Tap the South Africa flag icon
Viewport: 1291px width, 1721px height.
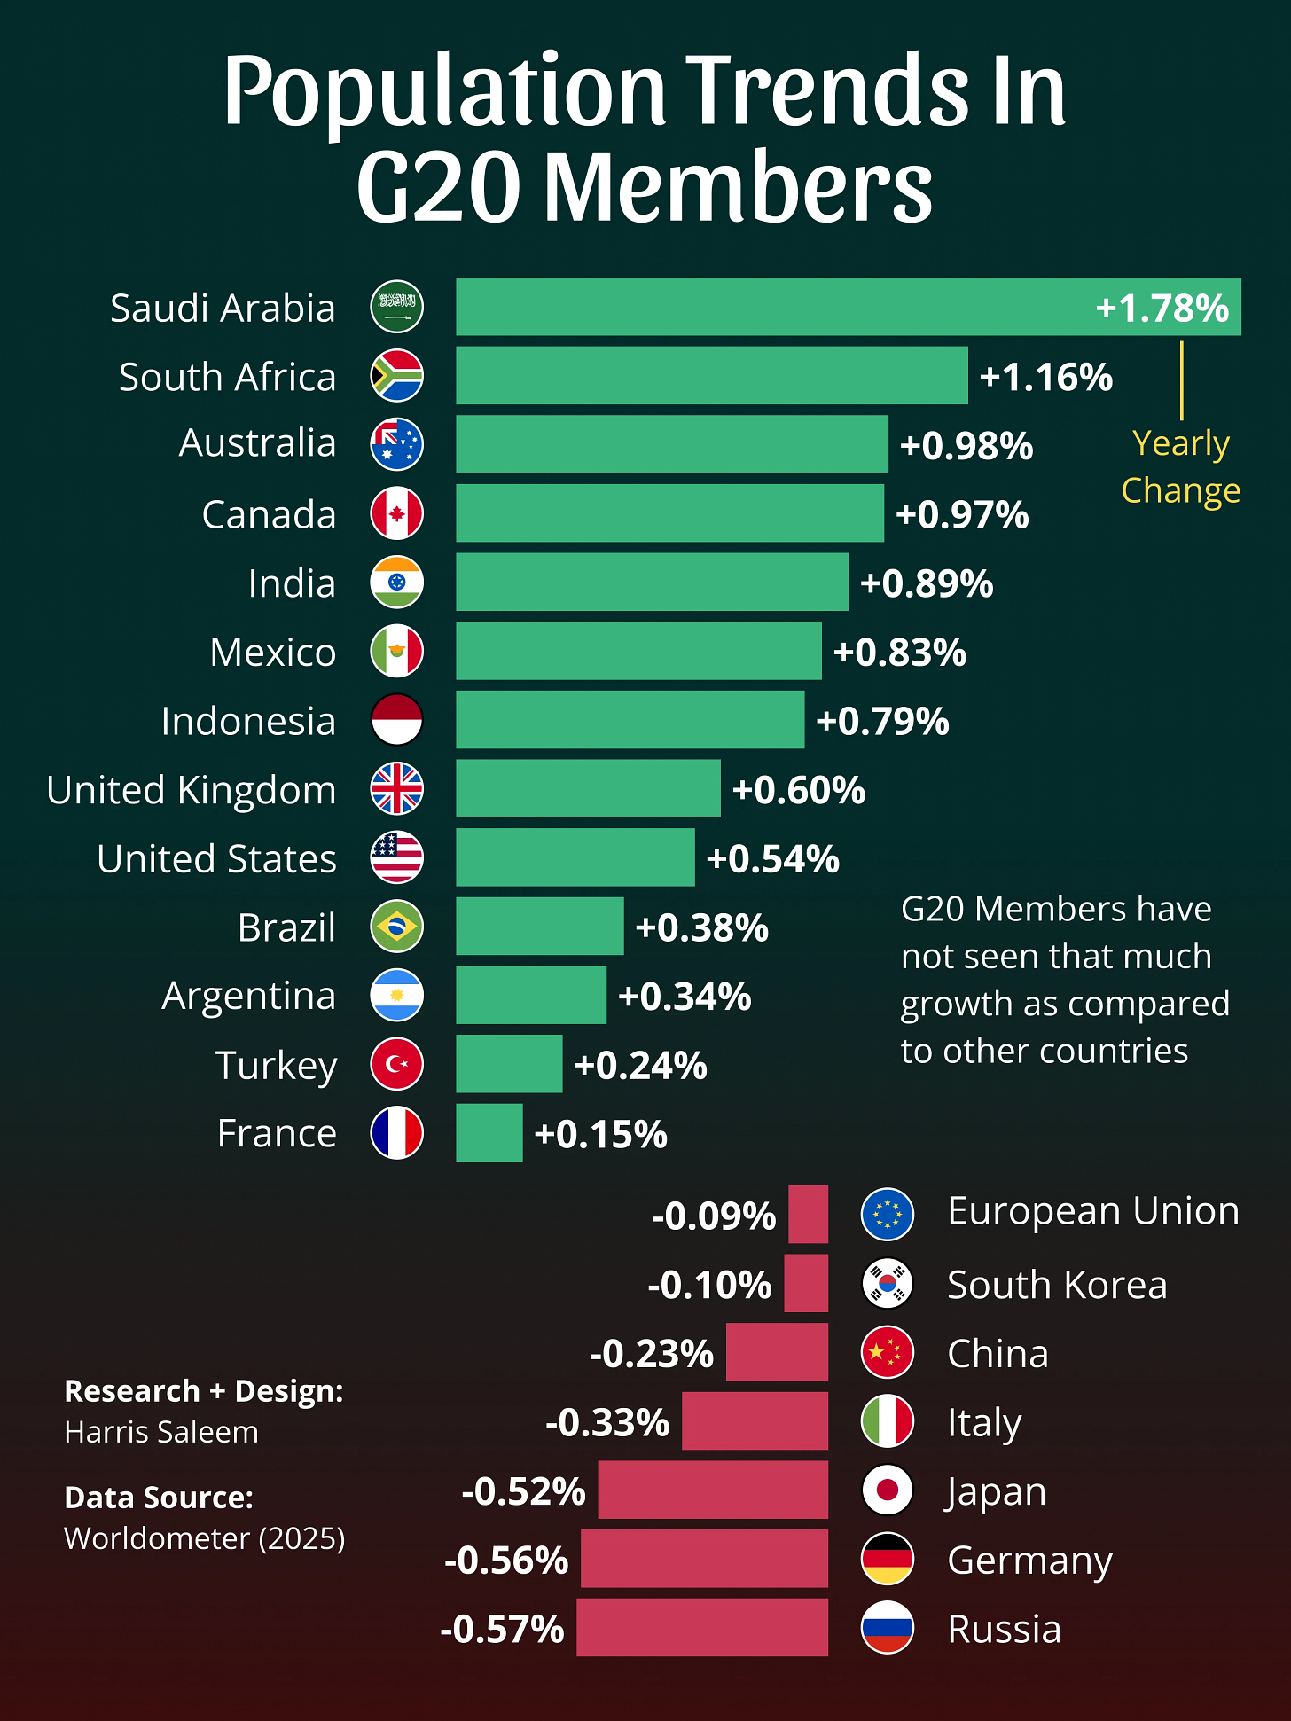396,376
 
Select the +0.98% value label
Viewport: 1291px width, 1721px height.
966,445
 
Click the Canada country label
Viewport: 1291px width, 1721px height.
269,514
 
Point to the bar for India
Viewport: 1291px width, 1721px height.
652,583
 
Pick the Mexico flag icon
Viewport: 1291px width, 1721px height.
396,651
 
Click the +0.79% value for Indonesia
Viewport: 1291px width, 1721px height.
882,721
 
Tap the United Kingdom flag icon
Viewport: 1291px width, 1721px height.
396,789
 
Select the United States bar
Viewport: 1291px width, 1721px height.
575,857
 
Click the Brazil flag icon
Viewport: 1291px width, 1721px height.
396,927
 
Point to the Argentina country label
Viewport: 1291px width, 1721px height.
248,996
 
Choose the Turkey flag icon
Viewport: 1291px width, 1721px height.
396,1064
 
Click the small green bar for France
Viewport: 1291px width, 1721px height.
489,1133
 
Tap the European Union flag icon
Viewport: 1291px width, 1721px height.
887,1214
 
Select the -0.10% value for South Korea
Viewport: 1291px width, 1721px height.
709,1285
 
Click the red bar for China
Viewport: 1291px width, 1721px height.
777,1352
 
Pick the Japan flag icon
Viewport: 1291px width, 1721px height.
887,1490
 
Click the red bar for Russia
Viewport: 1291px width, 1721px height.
701,1628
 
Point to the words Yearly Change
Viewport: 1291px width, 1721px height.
1180,466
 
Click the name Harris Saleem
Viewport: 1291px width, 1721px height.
161,1432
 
